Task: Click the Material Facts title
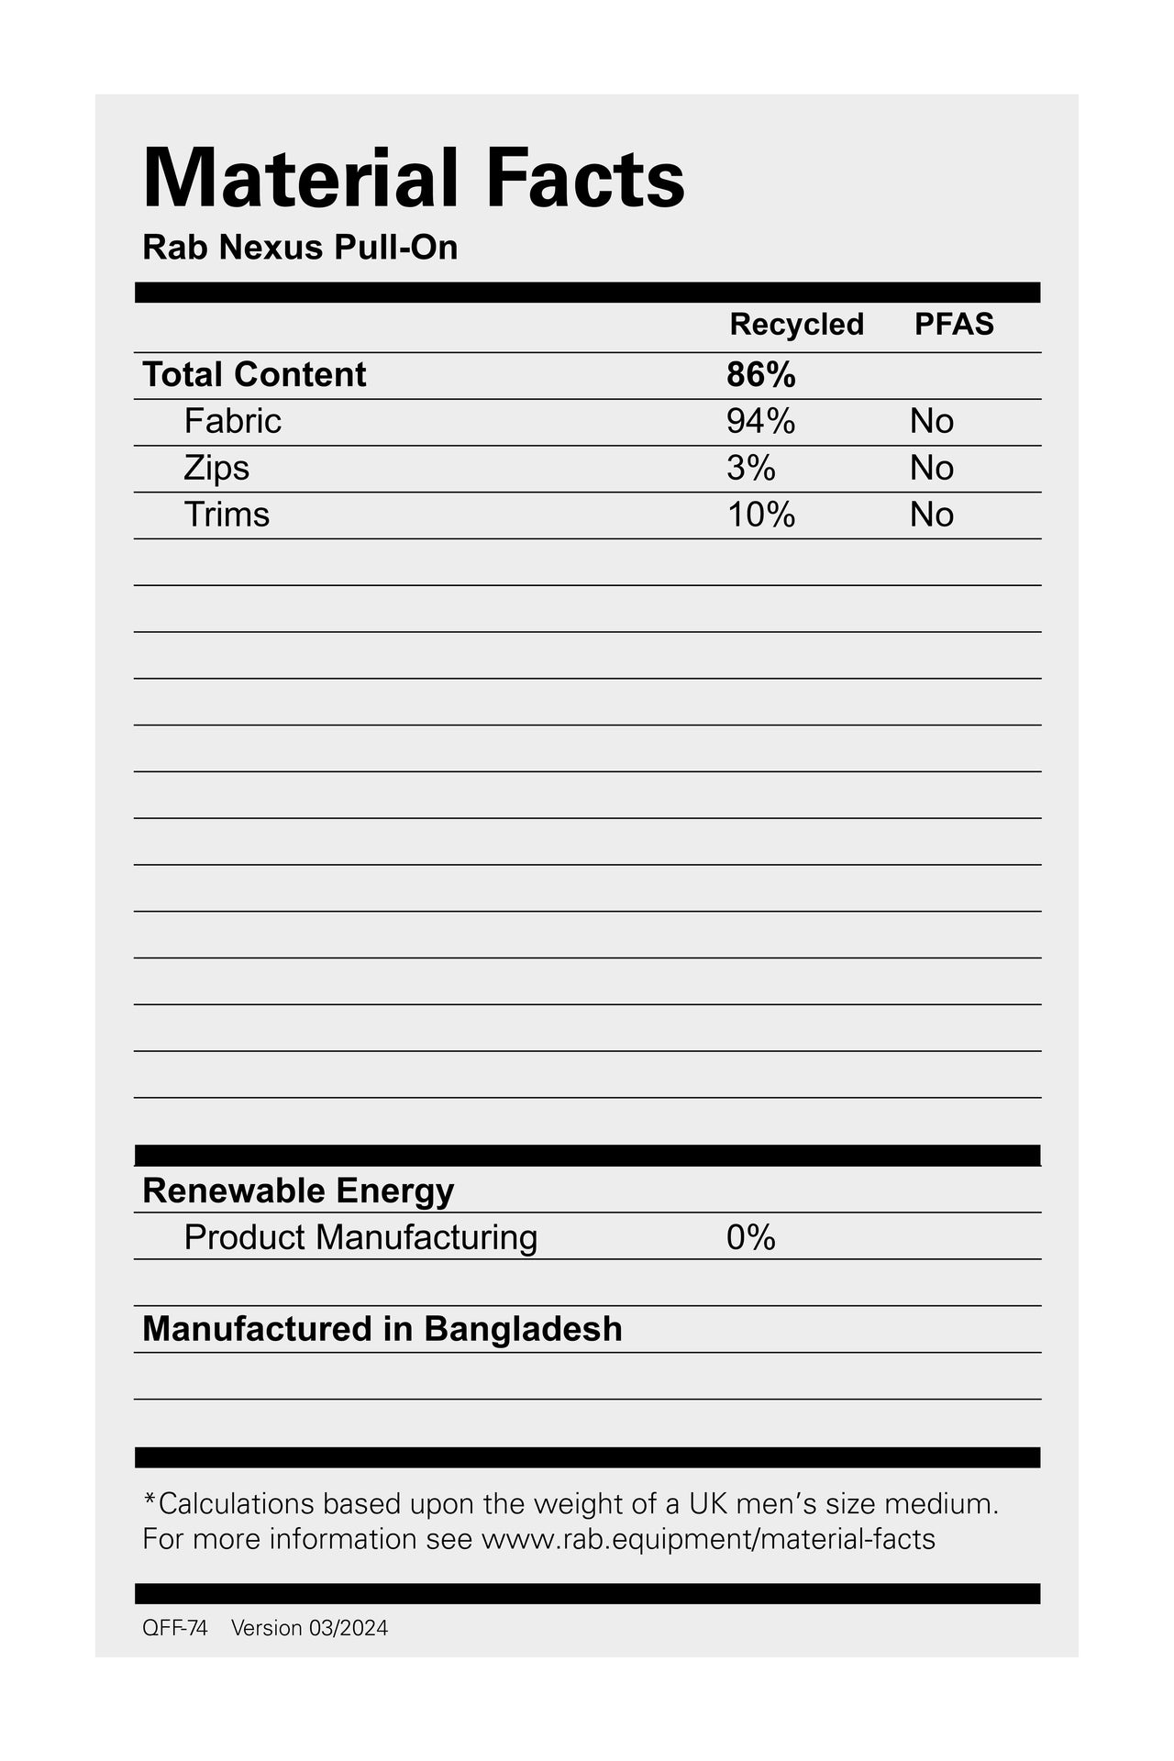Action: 414,178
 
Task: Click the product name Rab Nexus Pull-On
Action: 300,248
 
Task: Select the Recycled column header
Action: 796,324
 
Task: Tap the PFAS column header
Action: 954,324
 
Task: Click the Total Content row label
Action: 254,374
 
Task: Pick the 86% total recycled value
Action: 760,374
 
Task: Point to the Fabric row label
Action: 232,421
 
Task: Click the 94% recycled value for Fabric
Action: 760,421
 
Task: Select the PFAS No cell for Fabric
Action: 932,421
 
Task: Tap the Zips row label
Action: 216,468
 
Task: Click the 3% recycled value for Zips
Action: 750,468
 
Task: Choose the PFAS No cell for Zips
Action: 932,468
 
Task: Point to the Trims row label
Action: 227,515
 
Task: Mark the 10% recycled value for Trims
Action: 760,515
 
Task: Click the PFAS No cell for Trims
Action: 932,515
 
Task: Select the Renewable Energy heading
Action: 298,1191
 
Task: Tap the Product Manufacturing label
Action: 360,1237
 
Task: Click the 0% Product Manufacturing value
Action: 750,1237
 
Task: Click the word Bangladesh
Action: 523,1329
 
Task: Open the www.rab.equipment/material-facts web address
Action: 708,1538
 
